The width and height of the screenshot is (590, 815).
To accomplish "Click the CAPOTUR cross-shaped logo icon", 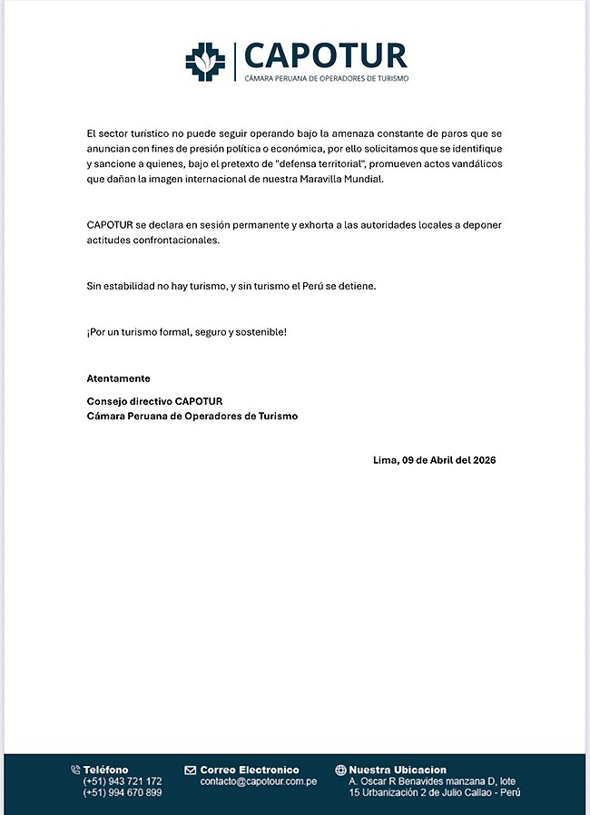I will coord(205,61).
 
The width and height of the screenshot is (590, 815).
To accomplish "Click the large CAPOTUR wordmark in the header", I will coord(325,55).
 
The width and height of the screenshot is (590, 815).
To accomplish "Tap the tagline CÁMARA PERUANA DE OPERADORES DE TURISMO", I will coord(327,79).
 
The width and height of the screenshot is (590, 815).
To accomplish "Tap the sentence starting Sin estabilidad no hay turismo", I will coord(231,286).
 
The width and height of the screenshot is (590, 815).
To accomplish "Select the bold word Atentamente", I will coord(119,378).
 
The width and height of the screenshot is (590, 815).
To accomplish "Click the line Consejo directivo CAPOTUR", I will coord(154,401).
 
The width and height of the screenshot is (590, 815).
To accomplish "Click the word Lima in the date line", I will coord(385,460).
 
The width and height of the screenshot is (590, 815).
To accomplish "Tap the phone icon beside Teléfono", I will coord(75,770).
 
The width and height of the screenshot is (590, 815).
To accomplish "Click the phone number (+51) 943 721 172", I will coord(123,781).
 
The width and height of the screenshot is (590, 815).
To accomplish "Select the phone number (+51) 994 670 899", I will coord(123,793).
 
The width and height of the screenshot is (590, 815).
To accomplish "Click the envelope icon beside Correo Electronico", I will coord(191,770).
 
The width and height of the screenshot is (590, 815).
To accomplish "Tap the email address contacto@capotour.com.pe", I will coord(259,781).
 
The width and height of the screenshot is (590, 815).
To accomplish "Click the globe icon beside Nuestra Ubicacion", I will coord(341,770).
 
